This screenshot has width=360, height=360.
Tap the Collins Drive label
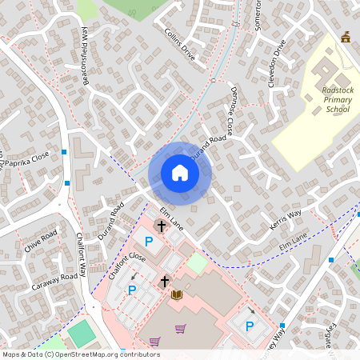(179, 45)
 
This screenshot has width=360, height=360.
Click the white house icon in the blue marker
(180, 173)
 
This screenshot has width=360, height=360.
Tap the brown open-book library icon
(178, 295)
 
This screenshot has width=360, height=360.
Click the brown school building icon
(346, 37)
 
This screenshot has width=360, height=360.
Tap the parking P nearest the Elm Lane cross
(147, 241)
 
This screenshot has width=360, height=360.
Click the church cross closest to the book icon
(165, 281)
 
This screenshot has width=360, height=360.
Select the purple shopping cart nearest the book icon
(181, 328)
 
